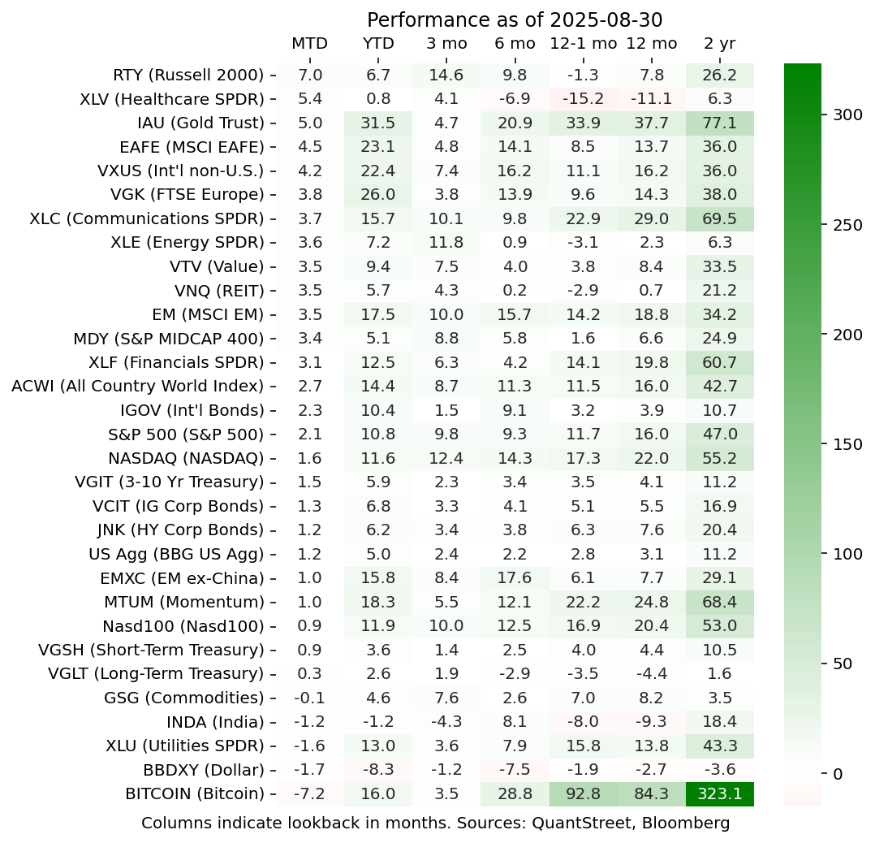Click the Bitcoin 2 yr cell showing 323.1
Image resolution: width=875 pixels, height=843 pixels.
pyautogui.click(x=719, y=793)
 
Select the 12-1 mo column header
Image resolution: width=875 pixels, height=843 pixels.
pyautogui.click(x=583, y=44)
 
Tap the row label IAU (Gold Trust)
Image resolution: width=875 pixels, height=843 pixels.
pyautogui.click(x=201, y=123)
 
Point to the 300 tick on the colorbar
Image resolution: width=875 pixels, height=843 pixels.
pyautogui.click(x=847, y=115)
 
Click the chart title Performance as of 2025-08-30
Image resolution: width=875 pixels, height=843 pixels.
pyautogui.click(x=515, y=19)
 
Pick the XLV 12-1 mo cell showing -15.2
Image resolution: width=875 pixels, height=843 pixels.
pyautogui.click(x=583, y=99)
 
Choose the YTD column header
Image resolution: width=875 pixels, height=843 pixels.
pyautogui.click(x=378, y=44)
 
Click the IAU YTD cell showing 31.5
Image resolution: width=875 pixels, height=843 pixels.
pyautogui.click(x=378, y=123)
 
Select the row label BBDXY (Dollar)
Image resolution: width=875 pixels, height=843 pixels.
pyautogui.click(x=195, y=769)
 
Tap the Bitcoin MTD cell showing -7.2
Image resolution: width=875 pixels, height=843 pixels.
pyautogui.click(x=309, y=793)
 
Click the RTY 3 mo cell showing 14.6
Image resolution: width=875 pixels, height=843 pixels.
pyautogui.click(x=446, y=76)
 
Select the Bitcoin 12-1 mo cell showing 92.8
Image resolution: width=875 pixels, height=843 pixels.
pyautogui.click(x=583, y=793)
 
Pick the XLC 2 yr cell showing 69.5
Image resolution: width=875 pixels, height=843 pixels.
pyautogui.click(x=719, y=219)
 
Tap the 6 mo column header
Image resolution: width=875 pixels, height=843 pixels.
pyautogui.click(x=515, y=44)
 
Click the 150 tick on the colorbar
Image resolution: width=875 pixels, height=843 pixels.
pyautogui.click(x=847, y=444)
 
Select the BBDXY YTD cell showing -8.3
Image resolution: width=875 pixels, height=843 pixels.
pyautogui.click(x=378, y=769)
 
